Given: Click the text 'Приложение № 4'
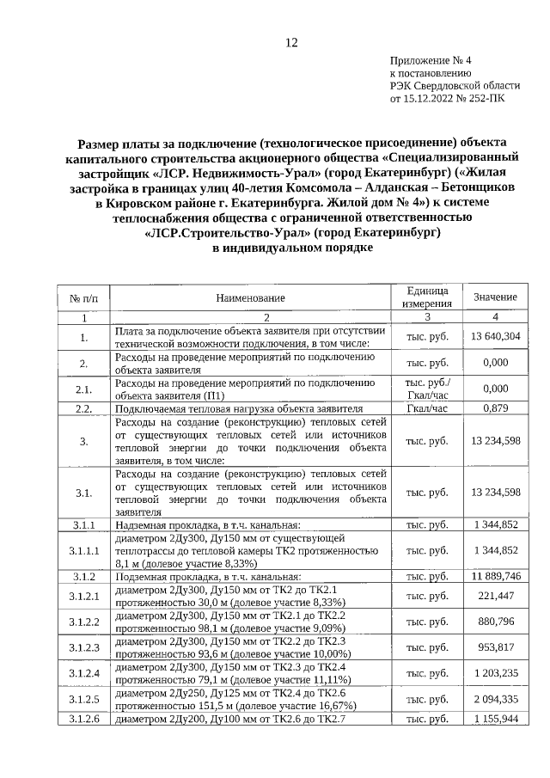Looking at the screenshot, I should (x=431, y=60).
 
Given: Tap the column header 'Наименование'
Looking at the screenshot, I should (x=250, y=297).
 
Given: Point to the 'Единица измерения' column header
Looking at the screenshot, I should (x=427, y=297).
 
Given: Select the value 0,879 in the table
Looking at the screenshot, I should (x=496, y=408).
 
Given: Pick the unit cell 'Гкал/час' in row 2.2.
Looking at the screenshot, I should (x=427, y=408).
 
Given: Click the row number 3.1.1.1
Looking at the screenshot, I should (x=84, y=550).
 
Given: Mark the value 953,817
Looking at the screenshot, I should (x=496, y=646).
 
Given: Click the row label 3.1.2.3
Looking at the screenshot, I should (x=84, y=646).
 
